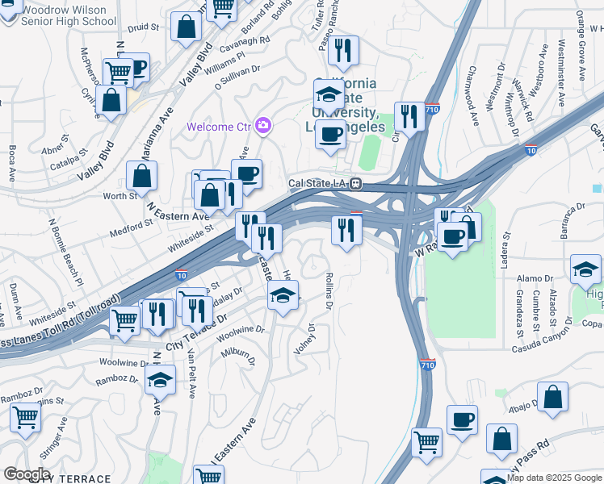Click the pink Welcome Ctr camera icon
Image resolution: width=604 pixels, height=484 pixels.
[262, 125]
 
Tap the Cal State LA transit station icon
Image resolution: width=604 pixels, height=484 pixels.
[355, 183]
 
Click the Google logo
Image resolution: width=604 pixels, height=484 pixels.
[26, 474]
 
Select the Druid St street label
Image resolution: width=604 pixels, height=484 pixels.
[144, 27]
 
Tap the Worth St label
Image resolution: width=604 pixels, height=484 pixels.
[120, 196]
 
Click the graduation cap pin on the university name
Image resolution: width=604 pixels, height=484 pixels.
[329, 94]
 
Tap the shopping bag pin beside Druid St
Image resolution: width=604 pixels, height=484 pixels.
[187, 27]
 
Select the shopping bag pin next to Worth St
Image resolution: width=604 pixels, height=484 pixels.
[142, 177]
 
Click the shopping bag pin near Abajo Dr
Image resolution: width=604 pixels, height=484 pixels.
[552, 397]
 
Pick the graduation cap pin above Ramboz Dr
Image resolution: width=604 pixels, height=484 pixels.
[161, 378]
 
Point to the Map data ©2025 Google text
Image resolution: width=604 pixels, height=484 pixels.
[552, 478]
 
